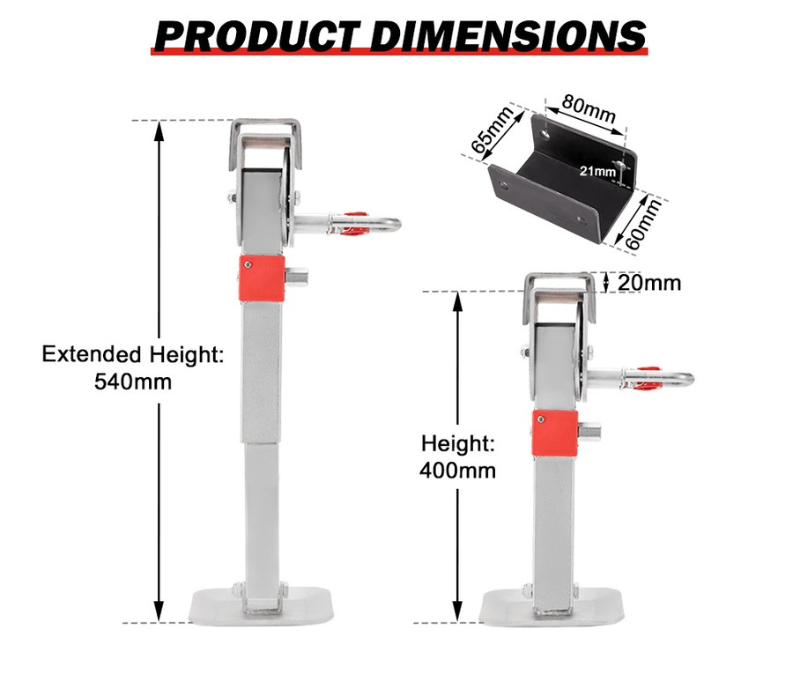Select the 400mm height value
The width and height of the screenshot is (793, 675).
[x=457, y=471]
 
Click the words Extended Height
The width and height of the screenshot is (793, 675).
[x=133, y=355]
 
